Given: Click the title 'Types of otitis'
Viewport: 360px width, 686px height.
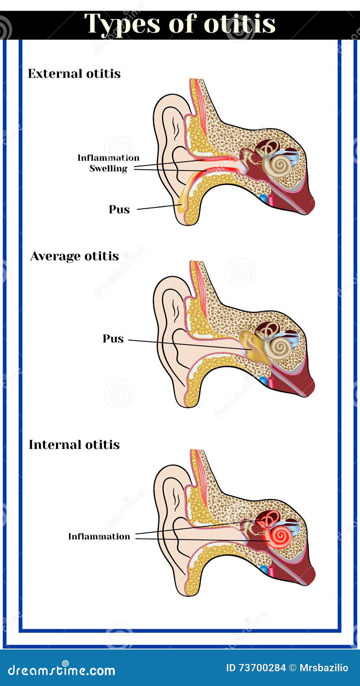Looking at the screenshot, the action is (x=180, y=24).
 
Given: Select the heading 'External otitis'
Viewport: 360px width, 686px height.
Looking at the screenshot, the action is (x=74, y=74).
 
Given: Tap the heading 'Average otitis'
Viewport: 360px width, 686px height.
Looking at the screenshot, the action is (x=74, y=257).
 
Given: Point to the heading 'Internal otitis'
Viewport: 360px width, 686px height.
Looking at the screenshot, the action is (x=74, y=445).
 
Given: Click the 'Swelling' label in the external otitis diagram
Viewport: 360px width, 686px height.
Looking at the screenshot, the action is (x=108, y=168).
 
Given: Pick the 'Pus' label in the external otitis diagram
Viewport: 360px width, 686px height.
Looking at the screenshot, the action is (x=119, y=209).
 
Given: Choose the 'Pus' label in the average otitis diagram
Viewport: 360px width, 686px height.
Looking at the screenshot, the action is (x=113, y=339).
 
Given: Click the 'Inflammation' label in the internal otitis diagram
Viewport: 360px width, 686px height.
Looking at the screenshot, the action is (x=99, y=537).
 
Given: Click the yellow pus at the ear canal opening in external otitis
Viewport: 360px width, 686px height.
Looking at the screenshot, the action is (x=181, y=205).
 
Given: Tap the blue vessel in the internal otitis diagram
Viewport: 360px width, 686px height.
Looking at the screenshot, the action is (x=264, y=570).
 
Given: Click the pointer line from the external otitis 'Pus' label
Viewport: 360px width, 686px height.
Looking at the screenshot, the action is (x=158, y=207).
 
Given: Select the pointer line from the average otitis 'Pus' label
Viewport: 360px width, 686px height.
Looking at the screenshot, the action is (x=187, y=344).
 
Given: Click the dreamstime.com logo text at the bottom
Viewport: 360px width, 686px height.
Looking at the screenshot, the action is (x=61, y=670).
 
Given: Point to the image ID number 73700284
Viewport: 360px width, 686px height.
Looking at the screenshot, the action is (x=262, y=668).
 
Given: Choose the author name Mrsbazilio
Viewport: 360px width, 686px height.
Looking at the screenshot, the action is (x=323, y=668).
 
